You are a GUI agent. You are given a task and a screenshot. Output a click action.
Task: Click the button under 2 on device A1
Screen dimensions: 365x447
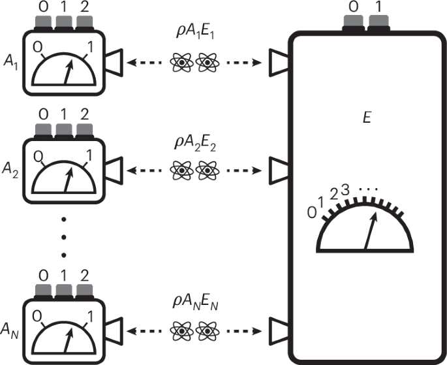coord(84,24)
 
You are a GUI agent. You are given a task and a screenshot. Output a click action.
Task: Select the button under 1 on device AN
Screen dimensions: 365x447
coord(64,290)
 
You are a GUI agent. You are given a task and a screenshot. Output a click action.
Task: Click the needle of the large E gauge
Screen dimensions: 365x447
coord(371,232)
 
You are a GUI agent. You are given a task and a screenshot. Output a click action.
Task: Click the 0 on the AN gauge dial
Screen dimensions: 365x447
coord(37,317)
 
